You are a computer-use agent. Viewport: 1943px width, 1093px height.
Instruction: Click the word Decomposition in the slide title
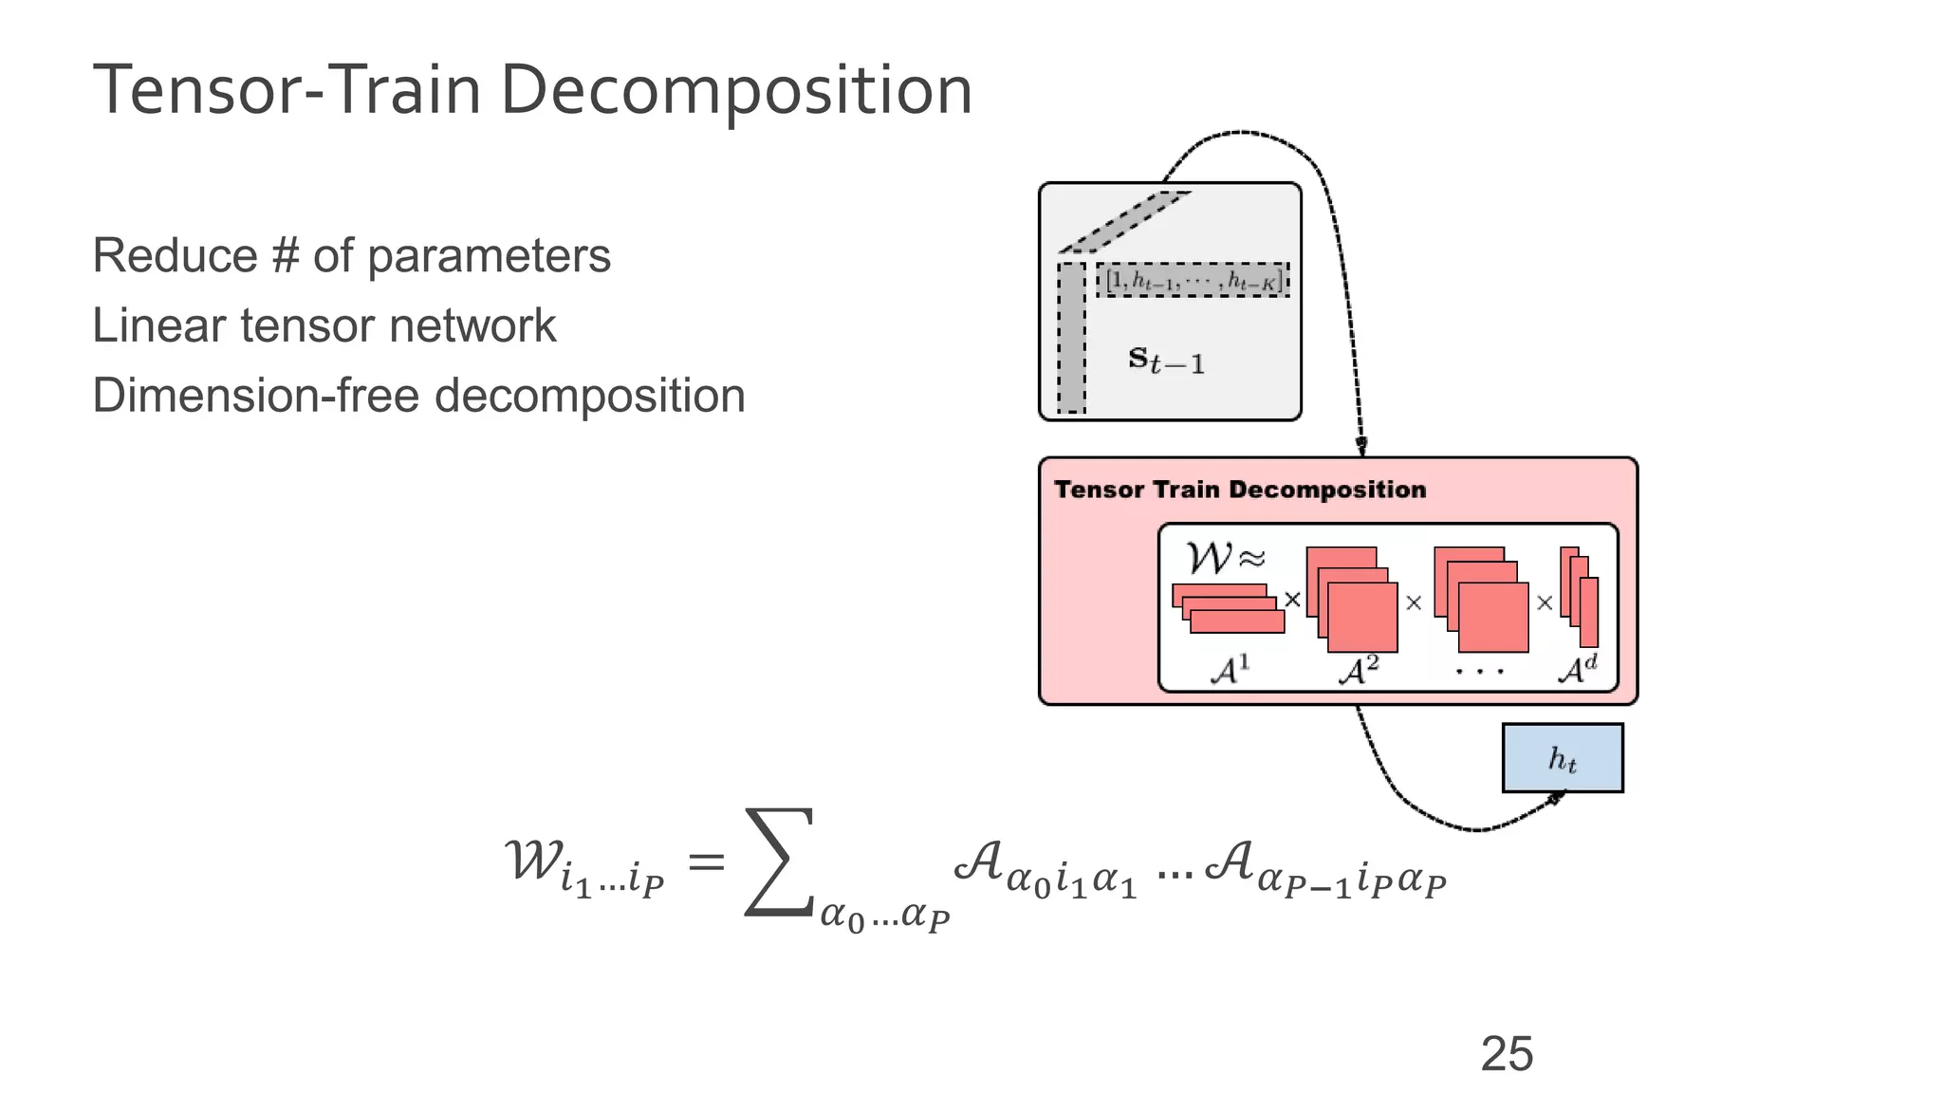[x=735, y=92]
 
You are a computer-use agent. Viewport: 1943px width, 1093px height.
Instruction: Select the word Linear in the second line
[x=157, y=325]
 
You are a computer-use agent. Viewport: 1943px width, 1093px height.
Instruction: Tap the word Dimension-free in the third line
[x=254, y=396]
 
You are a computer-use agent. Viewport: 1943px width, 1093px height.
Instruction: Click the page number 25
[x=1506, y=1054]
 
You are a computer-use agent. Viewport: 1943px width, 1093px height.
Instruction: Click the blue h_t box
[x=1562, y=758]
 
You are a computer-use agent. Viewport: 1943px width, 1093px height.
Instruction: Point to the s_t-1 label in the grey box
[x=1166, y=361]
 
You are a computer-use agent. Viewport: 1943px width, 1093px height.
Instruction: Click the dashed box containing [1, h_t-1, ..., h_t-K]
[x=1193, y=280]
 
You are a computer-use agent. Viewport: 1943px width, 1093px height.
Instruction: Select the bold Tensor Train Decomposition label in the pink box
[x=1239, y=490]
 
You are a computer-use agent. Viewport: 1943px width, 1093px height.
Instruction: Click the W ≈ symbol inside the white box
[x=1225, y=558]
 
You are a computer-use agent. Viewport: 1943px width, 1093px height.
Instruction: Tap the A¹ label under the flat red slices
[x=1230, y=670]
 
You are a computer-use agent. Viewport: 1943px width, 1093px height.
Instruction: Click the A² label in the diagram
[x=1358, y=670]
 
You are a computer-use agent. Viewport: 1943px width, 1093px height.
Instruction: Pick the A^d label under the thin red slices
[x=1577, y=670]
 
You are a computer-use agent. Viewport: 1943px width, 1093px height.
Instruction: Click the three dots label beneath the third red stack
[x=1479, y=672]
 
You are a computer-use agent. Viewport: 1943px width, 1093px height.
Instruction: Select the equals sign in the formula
[x=706, y=862]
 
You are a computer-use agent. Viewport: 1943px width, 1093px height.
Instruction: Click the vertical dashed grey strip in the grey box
[x=1071, y=339]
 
